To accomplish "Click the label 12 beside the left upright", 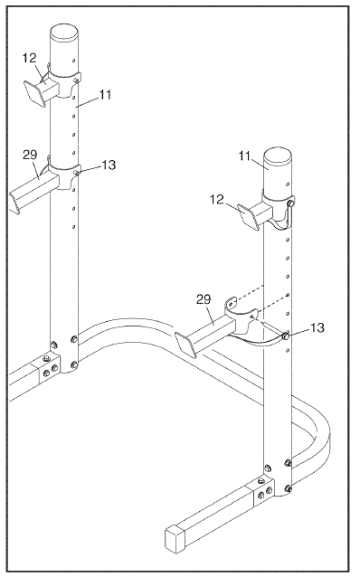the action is click(30, 58).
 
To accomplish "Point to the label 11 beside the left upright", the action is click(105, 95).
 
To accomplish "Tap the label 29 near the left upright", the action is click(30, 155).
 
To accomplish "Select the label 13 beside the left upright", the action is click(109, 166).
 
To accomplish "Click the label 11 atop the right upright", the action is click(244, 156).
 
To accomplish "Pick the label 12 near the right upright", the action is click(217, 200).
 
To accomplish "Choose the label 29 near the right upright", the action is click(204, 299).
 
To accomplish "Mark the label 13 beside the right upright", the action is click(317, 327).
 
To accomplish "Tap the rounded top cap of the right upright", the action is click(279, 157).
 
